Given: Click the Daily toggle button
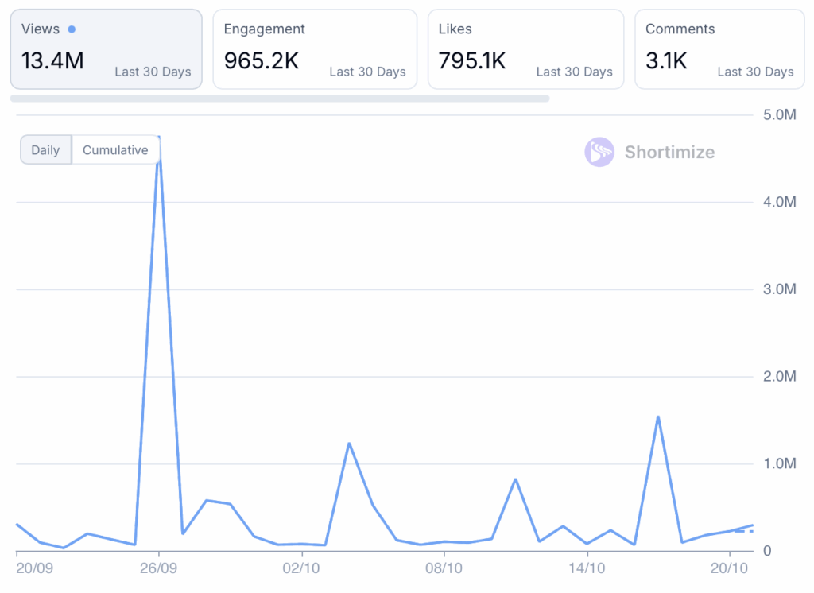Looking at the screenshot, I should [x=45, y=150].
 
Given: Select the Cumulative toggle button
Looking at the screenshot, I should [x=115, y=150].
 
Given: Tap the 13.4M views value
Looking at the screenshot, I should [x=52, y=60].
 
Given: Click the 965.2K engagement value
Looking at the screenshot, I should [x=262, y=60].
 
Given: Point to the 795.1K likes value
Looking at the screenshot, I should [x=472, y=60].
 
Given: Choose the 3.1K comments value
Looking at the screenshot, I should [x=666, y=60].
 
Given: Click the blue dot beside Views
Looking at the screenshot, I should [x=72, y=29].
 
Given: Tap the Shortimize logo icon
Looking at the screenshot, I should [x=599, y=152].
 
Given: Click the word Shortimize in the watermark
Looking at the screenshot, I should [x=669, y=152].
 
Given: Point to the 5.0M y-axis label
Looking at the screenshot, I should [x=779, y=115].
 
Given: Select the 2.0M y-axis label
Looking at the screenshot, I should [x=779, y=376].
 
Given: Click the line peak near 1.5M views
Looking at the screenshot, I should [x=658, y=417].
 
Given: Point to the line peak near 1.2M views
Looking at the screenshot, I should [x=349, y=444].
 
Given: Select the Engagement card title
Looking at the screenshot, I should [x=265, y=29].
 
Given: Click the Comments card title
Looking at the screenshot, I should [x=680, y=29].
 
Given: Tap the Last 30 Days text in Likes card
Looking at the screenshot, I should [x=574, y=72].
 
